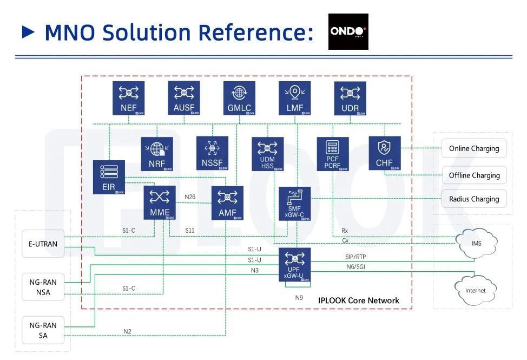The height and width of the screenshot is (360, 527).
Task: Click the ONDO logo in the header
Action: click(x=348, y=31)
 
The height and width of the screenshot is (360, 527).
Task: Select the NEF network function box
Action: click(x=129, y=98)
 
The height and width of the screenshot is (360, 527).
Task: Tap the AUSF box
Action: click(x=184, y=98)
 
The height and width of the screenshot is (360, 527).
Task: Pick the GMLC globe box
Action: click(x=239, y=98)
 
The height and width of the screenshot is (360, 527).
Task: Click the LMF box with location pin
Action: click(x=295, y=98)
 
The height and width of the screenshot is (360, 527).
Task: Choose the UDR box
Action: click(x=350, y=98)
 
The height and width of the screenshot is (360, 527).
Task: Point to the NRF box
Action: click(x=157, y=154)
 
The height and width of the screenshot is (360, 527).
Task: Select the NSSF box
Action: click(x=212, y=153)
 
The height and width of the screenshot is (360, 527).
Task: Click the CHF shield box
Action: click(x=384, y=153)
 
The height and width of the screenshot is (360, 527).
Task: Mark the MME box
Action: click(x=160, y=203)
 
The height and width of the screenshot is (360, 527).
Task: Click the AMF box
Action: click(x=227, y=203)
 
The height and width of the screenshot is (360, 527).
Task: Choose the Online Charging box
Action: click(x=474, y=148)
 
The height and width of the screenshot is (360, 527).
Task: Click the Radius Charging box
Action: click(x=474, y=199)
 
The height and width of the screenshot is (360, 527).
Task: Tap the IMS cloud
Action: click(x=476, y=243)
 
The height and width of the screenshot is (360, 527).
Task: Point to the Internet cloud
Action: click(x=475, y=290)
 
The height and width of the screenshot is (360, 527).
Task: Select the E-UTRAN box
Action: click(x=43, y=244)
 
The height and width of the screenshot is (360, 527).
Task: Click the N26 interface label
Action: click(x=190, y=197)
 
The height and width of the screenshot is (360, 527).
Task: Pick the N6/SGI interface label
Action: click(x=355, y=266)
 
